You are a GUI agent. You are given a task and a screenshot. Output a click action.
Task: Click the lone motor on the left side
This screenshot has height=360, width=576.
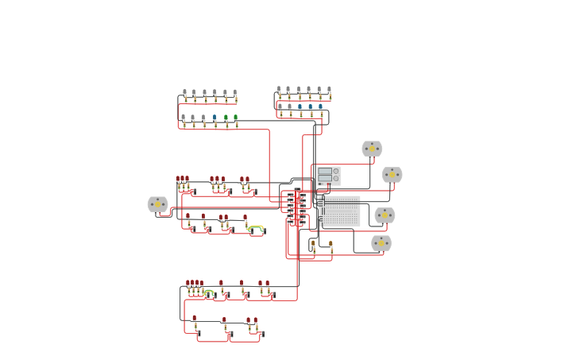click(x=157, y=204)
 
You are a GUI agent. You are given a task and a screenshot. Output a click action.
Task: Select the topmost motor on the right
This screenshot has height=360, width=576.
click(x=372, y=149)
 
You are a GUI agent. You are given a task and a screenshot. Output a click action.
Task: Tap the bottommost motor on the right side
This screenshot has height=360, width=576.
click(x=381, y=243)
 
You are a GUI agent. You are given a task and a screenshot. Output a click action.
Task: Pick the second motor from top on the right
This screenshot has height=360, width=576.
click(x=392, y=175)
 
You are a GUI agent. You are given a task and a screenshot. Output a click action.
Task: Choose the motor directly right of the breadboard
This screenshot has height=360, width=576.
click(x=385, y=215)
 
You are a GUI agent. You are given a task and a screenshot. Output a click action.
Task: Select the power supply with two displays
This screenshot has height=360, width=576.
click(x=329, y=176)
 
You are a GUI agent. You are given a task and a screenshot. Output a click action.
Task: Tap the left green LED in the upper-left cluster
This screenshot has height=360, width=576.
click(x=226, y=118)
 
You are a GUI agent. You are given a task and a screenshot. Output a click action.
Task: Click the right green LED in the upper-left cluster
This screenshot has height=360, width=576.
click(x=235, y=118)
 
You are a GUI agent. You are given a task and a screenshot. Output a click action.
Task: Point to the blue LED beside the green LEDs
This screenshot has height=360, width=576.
click(x=215, y=118)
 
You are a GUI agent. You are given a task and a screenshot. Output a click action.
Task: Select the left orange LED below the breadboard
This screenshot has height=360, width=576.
click(x=313, y=245)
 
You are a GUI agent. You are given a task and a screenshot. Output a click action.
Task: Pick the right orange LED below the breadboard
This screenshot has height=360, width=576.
click(x=331, y=245)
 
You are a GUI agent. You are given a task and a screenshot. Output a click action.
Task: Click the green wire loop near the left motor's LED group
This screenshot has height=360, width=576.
click(x=255, y=228)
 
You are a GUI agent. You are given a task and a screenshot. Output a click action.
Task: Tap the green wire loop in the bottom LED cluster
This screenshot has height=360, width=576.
click(x=208, y=292)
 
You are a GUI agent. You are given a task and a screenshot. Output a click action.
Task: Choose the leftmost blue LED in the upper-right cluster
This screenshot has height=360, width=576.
click(x=300, y=107)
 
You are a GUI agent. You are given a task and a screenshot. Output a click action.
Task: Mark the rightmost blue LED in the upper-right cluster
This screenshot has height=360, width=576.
click(x=320, y=107)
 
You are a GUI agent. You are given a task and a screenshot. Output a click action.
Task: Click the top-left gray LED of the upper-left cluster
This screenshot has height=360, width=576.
click(x=184, y=93)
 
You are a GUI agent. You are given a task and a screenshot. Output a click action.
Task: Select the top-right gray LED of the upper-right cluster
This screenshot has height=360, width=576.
click(x=329, y=91)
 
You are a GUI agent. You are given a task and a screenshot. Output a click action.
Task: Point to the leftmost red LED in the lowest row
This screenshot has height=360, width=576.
click(x=194, y=319)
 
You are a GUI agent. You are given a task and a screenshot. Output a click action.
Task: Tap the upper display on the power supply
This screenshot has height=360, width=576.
click(x=325, y=171)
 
